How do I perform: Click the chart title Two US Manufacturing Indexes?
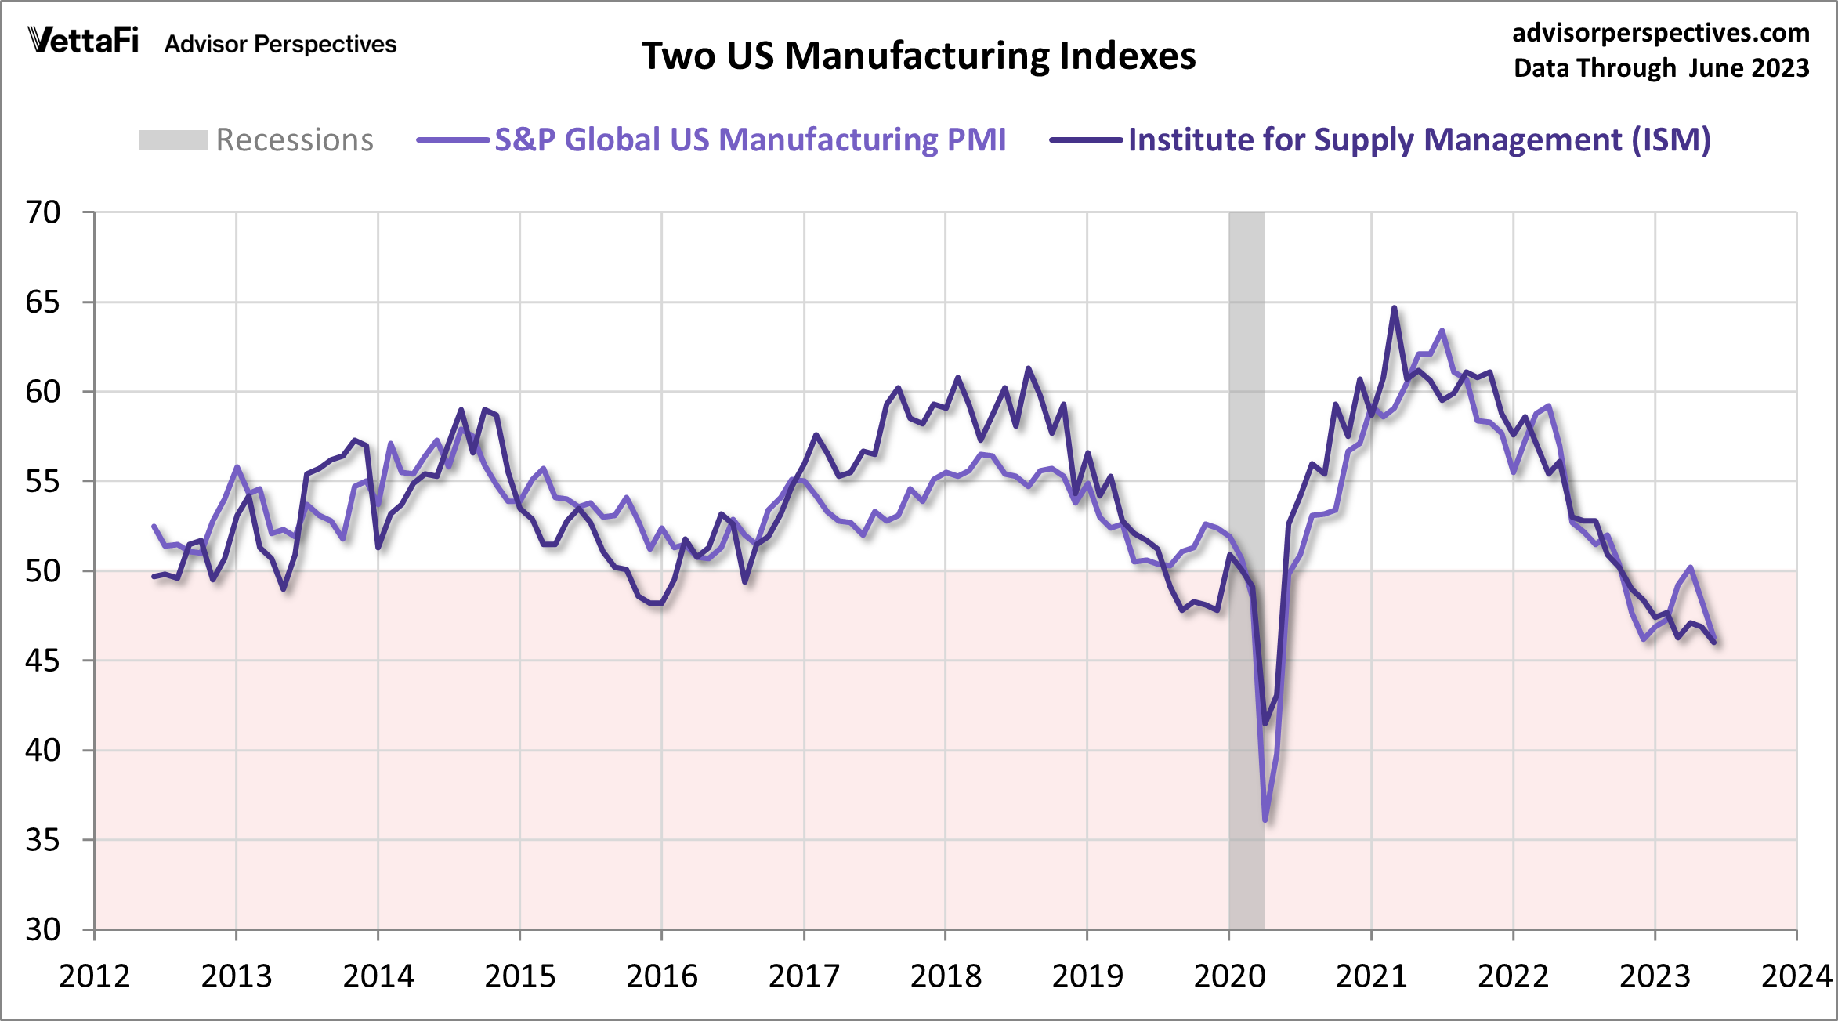pyautogui.click(x=918, y=56)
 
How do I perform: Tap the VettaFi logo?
pyautogui.click(x=83, y=40)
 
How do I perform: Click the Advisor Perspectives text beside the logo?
pyautogui.click(x=280, y=44)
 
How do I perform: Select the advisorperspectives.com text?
pyautogui.click(x=1660, y=33)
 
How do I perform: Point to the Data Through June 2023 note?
pyautogui.click(x=1661, y=68)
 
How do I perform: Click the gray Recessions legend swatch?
pyautogui.click(x=172, y=140)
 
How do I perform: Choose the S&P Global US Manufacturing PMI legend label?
pyautogui.click(x=750, y=140)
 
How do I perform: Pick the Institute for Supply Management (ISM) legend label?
pyautogui.click(x=1419, y=140)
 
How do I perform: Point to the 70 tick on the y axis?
pyautogui.click(x=43, y=212)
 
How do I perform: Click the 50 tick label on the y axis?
pyautogui.click(x=43, y=571)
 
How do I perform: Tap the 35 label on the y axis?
pyautogui.click(x=43, y=841)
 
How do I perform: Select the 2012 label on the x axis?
pyautogui.click(x=94, y=976)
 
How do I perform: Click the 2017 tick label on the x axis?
pyautogui.click(x=804, y=976)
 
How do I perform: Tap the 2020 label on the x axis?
pyautogui.click(x=1229, y=976)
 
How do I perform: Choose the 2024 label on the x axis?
pyautogui.click(x=1796, y=976)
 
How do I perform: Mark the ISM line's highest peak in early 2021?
pyautogui.click(x=1395, y=308)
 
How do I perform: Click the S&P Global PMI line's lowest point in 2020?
pyautogui.click(x=1265, y=820)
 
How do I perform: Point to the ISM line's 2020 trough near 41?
pyautogui.click(x=1265, y=723)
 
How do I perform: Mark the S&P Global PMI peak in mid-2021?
pyautogui.click(x=1442, y=331)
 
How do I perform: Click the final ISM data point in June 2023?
pyautogui.click(x=1715, y=643)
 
